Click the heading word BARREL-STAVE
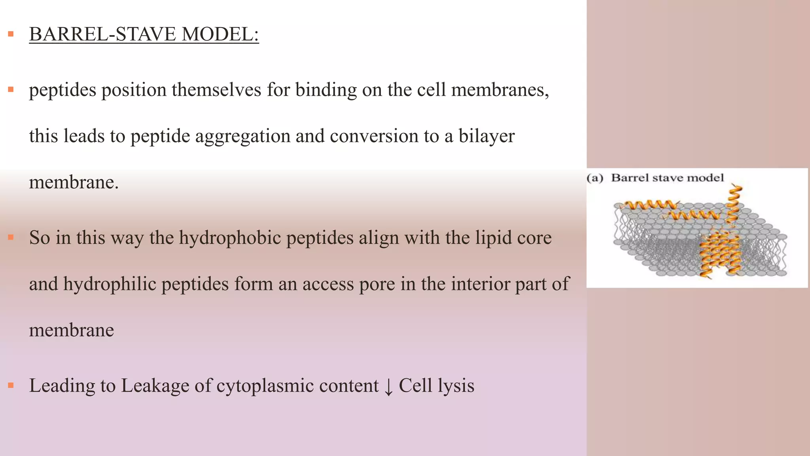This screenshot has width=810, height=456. click(x=102, y=34)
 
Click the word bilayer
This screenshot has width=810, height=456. click(x=486, y=136)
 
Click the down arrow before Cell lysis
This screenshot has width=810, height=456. click(x=389, y=386)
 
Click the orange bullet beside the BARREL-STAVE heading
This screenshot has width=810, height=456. click(x=11, y=34)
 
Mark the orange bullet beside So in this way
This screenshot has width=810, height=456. click(x=11, y=237)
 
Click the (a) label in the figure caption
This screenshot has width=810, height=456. click(x=595, y=178)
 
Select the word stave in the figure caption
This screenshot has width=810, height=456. click(x=669, y=178)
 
